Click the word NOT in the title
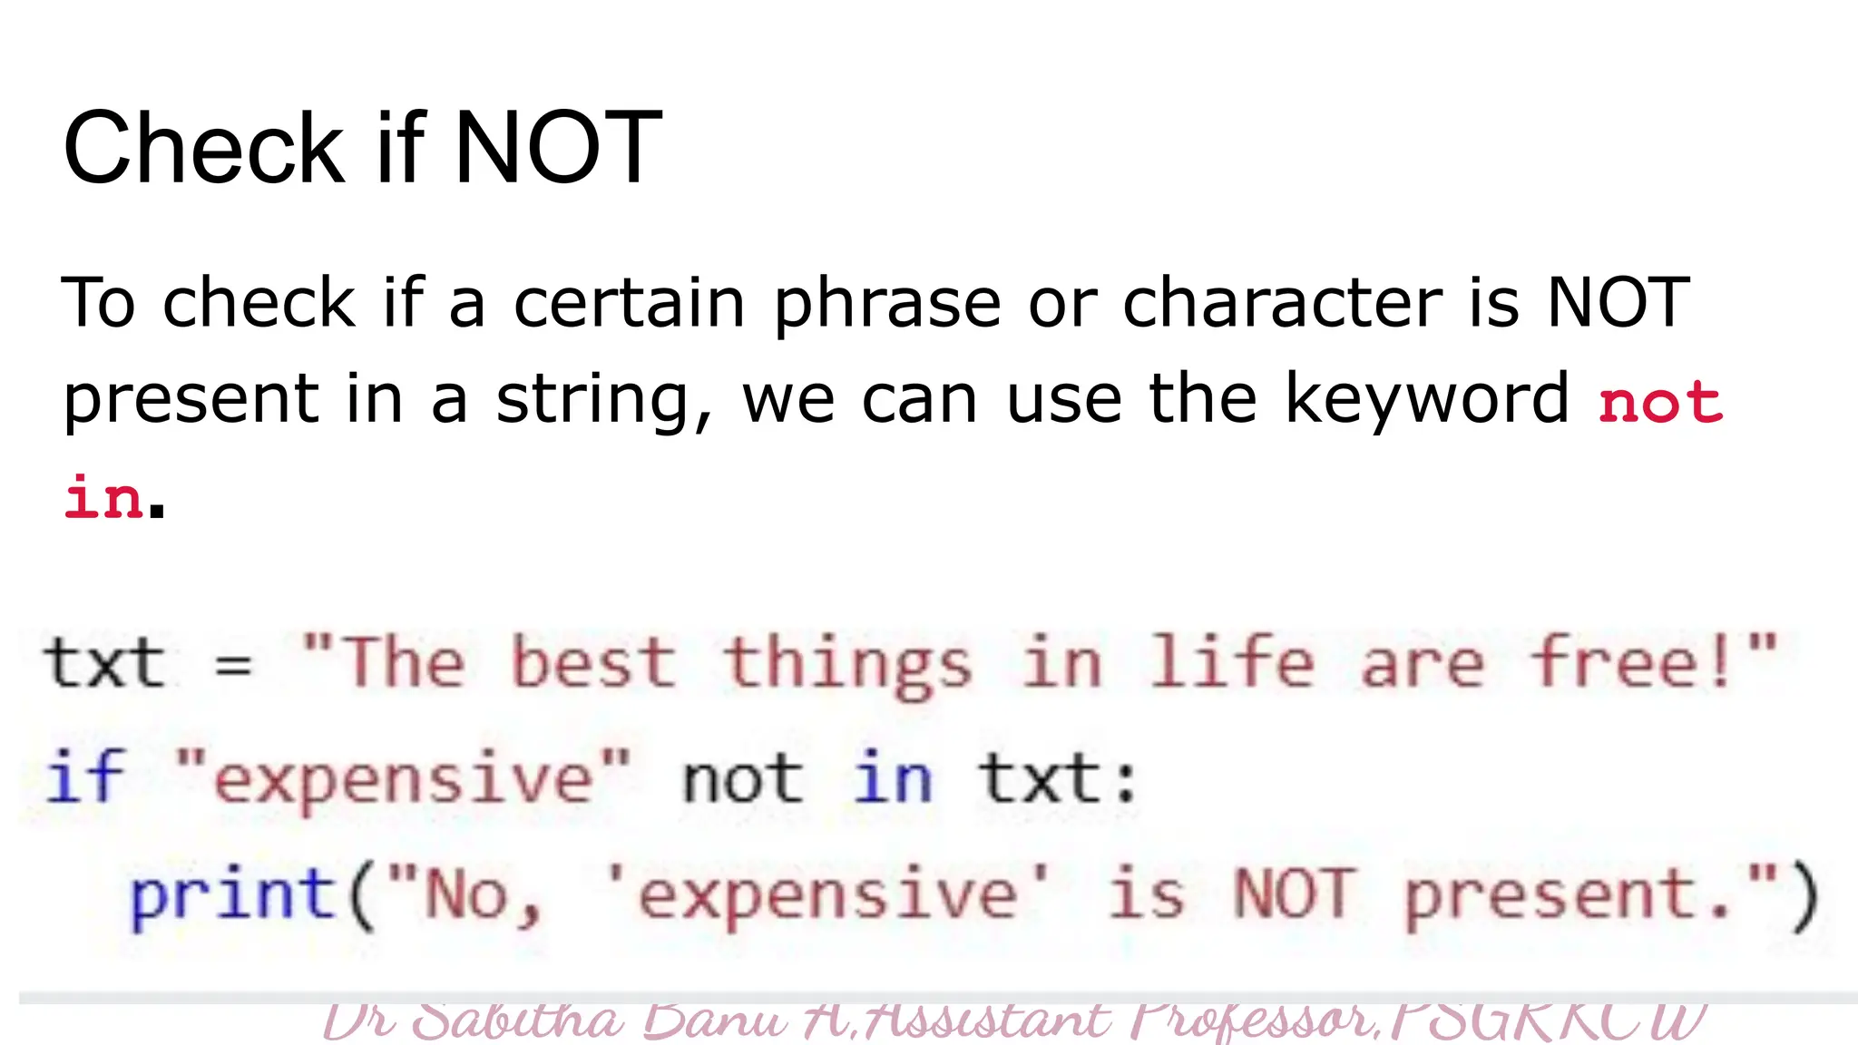[557, 147]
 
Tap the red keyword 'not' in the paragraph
[1659, 402]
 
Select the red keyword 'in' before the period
[103, 498]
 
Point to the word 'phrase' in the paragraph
[886, 304]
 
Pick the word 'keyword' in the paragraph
[1426, 400]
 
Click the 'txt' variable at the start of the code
[104, 663]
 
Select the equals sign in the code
[233, 665]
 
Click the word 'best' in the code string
[593, 663]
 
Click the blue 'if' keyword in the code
[84, 778]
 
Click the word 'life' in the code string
[1230, 663]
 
